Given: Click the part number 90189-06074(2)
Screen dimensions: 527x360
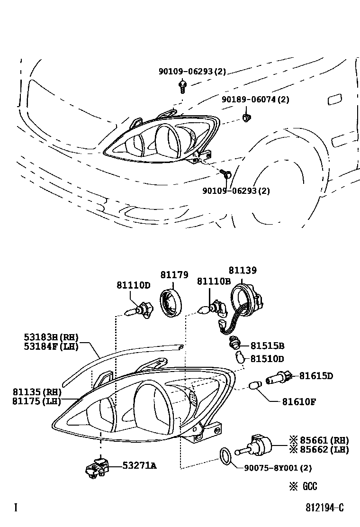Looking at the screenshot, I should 255,100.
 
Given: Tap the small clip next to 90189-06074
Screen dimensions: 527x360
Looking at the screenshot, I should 245,117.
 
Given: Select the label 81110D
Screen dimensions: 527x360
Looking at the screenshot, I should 134,285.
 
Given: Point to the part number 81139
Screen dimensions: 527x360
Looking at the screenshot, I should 243,271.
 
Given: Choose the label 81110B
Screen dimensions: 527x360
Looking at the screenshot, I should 214,282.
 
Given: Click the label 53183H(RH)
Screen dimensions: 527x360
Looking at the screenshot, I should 51,337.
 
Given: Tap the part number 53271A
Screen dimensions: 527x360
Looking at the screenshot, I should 139,466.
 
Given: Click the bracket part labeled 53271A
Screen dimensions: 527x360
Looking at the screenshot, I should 96,466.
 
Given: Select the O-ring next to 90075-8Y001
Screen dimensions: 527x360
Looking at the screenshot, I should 227,455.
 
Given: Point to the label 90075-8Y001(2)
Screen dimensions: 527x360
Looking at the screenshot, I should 278,468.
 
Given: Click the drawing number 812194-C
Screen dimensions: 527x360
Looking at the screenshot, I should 324,508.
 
